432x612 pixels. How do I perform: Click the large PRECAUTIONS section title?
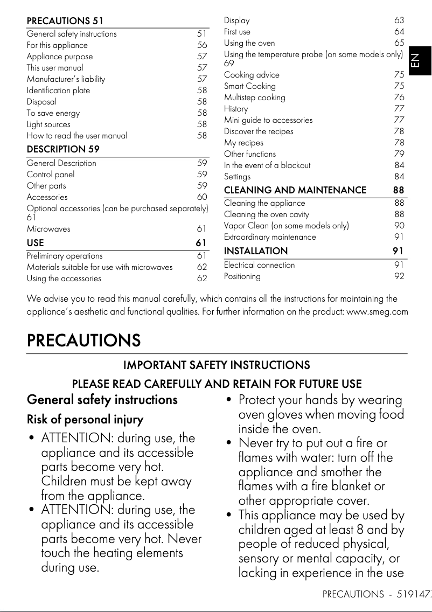83,340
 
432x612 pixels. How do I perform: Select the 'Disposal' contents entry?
41,102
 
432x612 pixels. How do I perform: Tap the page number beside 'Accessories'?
202,197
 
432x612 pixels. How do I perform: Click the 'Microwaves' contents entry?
48,229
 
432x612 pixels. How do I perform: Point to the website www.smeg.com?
377,312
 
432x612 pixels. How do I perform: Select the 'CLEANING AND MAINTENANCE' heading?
295,190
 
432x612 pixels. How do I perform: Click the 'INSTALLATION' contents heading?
256,251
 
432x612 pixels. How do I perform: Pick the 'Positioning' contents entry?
242,276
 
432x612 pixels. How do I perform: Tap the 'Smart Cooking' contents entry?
250,86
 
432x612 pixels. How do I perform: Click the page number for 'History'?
399,109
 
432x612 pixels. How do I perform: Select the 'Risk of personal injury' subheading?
85,420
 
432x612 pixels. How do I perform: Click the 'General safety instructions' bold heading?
102,400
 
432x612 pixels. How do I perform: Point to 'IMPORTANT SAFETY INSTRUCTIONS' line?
217,365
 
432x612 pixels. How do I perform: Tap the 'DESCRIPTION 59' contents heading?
63,149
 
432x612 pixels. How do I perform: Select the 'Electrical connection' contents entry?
260,265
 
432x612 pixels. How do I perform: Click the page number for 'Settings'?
399,177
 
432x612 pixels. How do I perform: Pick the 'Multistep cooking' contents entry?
255,98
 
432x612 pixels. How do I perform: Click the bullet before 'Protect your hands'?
229,400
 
